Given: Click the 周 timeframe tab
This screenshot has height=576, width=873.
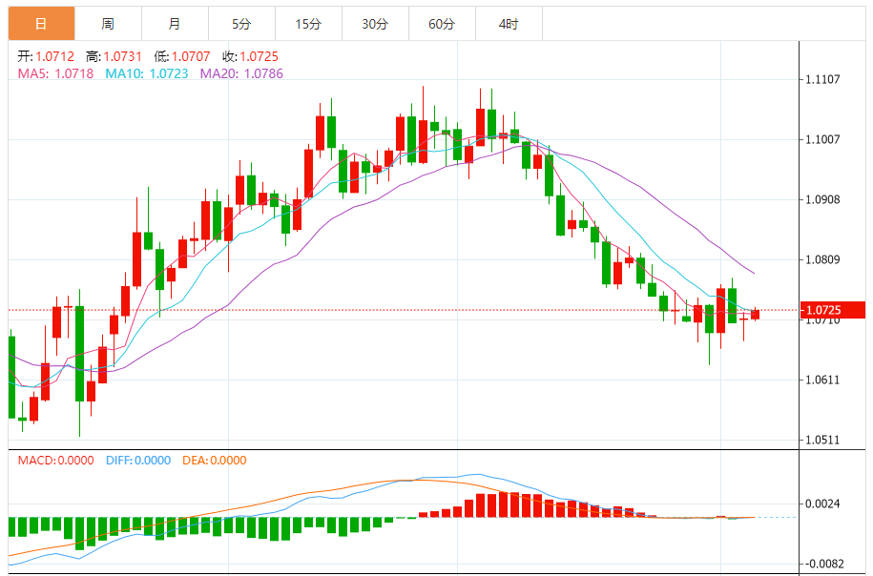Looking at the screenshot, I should coord(108,24).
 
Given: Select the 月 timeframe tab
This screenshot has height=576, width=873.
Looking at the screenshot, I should coord(175,24).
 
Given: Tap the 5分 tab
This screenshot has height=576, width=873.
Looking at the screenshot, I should coord(241,24).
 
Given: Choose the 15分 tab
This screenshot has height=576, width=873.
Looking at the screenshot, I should coord(308,24).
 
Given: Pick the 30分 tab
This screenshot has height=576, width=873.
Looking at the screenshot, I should coord(375,24).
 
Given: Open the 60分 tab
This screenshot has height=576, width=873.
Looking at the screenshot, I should coord(442,24).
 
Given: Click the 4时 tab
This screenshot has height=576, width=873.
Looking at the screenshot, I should coord(509,24).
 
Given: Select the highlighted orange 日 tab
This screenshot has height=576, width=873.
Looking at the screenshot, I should coord(41,24).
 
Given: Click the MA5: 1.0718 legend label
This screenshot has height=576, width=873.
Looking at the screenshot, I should coord(55,72).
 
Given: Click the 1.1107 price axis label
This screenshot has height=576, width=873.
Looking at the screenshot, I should coord(821,79).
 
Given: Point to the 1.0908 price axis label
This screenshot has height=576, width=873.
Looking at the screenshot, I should coord(821,200).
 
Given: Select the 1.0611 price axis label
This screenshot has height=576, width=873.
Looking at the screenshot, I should coord(821,381).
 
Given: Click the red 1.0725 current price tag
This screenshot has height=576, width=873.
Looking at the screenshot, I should coord(833,310).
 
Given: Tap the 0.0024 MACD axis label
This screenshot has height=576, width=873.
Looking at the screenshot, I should coord(821,504).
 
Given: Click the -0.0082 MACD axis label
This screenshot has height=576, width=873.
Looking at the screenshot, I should coord(821,564).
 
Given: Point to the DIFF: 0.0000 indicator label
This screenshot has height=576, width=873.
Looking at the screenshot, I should coord(136,461).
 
